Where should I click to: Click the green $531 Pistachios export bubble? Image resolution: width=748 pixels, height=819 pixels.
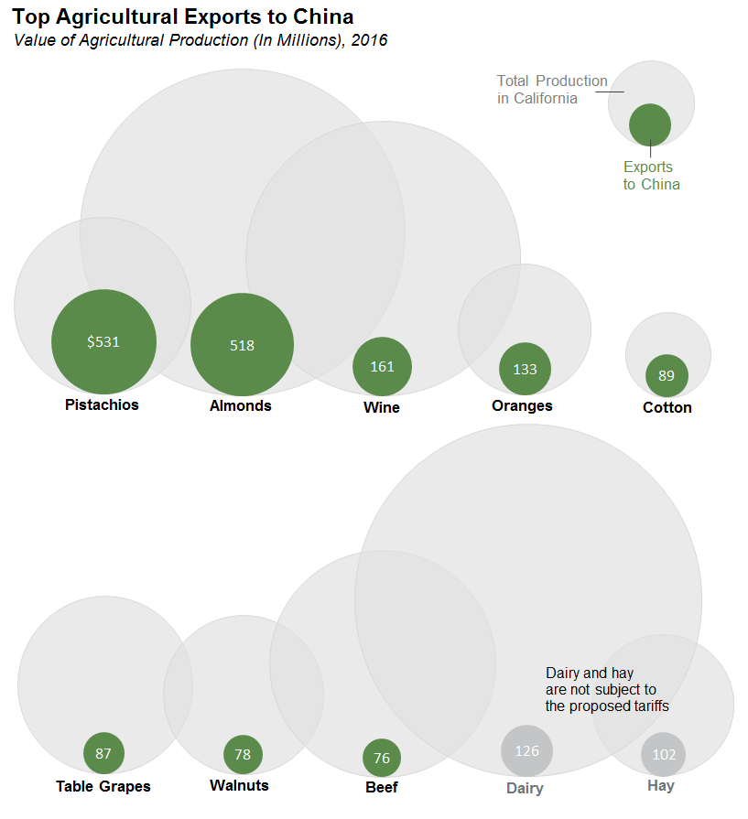click(x=103, y=341)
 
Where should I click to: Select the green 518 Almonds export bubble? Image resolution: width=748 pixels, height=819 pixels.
click(x=242, y=345)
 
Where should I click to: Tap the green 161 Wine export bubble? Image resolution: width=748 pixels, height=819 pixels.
click(x=382, y=366)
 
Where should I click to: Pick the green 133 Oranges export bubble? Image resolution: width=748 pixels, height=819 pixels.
click(x=525, y=369)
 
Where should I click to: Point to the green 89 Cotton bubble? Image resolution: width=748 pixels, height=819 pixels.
click(x=667, y=375)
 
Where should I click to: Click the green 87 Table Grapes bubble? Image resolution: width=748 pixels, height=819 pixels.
click(x=103, y=753)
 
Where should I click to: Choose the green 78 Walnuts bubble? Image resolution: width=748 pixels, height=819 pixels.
click(x=243, y=754)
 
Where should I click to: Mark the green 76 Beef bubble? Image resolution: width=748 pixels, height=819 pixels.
click(x=382, y=758)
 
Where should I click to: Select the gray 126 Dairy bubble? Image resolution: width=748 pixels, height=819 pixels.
click(x=526, y=750)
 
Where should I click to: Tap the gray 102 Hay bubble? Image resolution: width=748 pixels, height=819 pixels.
click(x=664, y=754)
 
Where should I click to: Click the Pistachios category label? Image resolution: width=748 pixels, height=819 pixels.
click(x=102, y=404)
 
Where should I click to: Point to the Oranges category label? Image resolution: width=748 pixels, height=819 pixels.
click(x=522, y=405)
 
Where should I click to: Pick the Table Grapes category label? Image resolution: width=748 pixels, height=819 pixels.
click(x=103, y=786)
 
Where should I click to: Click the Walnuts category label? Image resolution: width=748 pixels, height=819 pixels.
click(x=239, y=785)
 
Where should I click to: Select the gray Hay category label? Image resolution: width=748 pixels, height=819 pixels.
click(x=660, y=785)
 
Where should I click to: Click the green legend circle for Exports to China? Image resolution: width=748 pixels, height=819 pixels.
click(x=650, y=124)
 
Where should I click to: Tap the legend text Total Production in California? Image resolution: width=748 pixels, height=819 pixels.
click(x=551, y=90)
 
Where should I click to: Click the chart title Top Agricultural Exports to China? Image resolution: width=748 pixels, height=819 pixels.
click(x=183, y=17)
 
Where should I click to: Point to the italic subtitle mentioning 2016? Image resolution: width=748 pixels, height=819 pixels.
click(x=201, y=40)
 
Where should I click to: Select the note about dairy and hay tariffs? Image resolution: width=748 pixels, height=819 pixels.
click(x=607, y=689)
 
